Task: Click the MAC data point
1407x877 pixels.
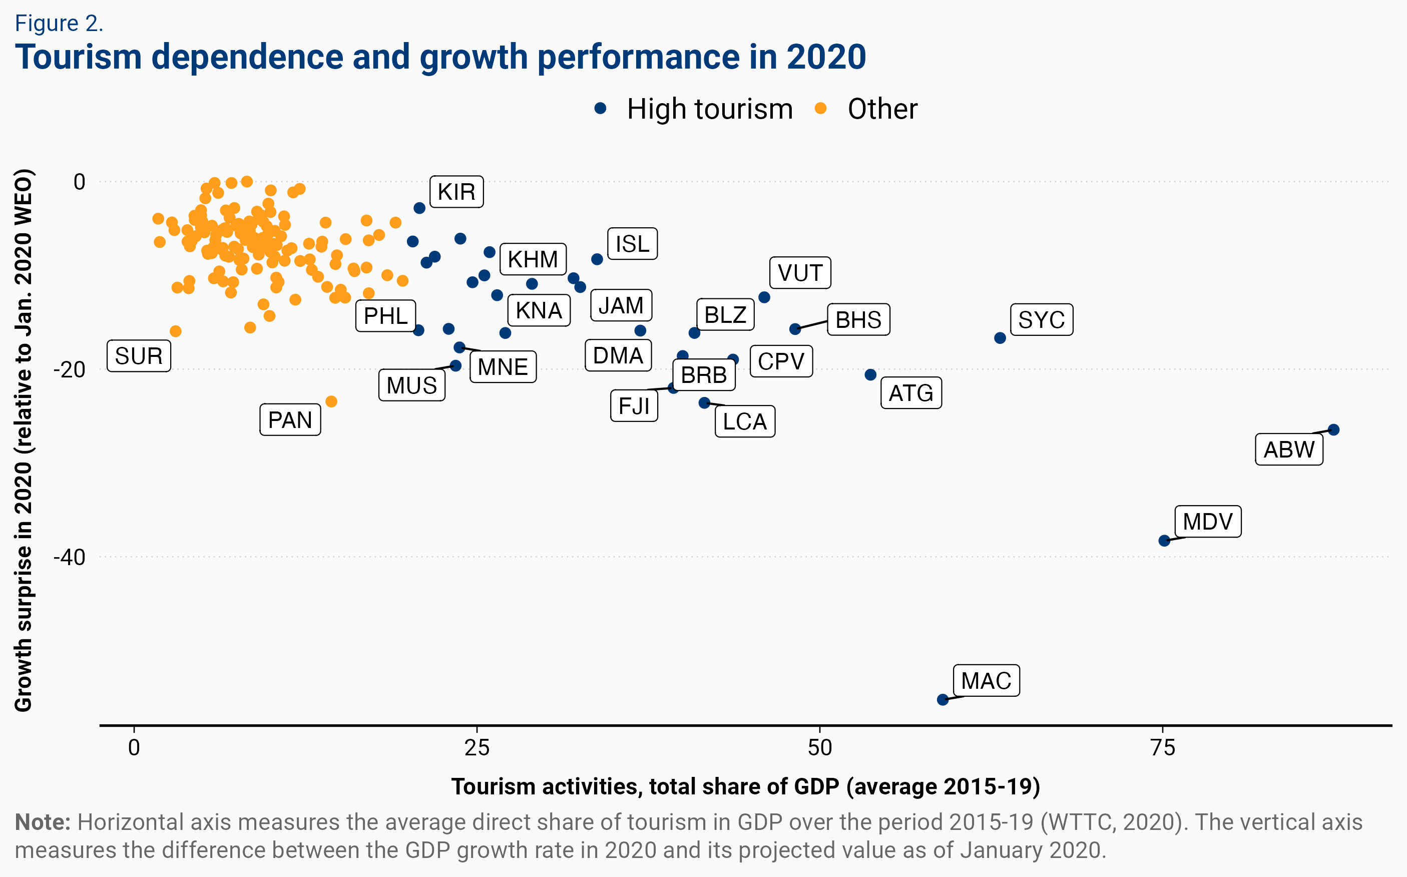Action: tap(943, 699)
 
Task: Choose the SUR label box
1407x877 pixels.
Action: tap(139, 356)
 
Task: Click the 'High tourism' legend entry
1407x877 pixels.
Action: tap(709, 109)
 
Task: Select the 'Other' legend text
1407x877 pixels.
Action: tap(882, 109)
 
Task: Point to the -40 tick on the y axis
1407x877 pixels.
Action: tap(70, 558)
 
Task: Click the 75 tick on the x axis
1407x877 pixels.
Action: tap(1162, 748)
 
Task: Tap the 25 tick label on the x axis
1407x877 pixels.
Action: tap(477, 748)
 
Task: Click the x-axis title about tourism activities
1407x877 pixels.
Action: tap(745, 786)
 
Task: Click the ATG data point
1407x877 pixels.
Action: tap(870, 375)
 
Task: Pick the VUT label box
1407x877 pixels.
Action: tap(800, 273)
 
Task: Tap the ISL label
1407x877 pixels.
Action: tap(632, 244)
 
